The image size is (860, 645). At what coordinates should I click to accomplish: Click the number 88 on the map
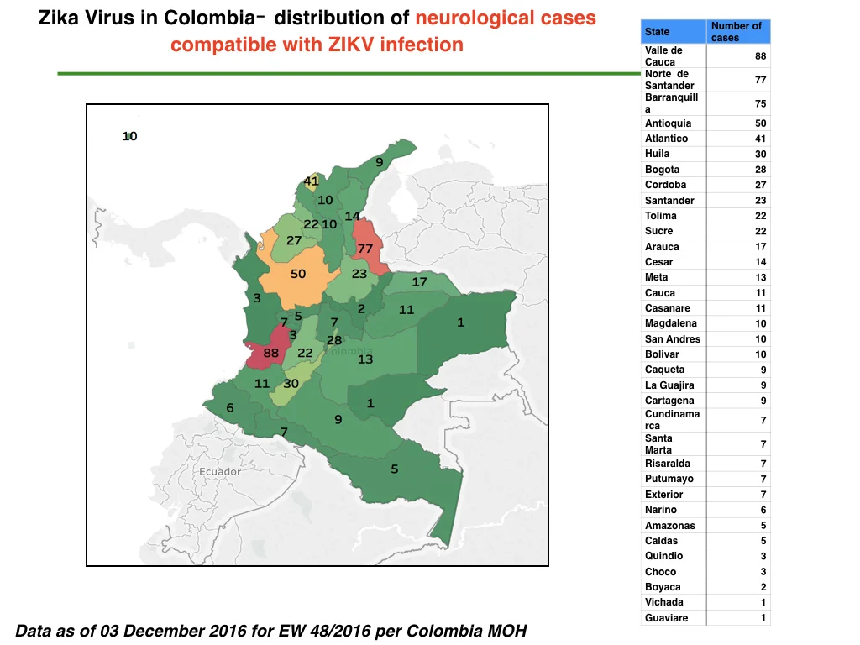click(271, 354)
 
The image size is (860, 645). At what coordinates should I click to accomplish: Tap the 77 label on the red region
click(365, 249)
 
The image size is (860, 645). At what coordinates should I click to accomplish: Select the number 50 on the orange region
click(298, 274)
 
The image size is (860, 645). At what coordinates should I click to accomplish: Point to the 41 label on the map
click(311, 181)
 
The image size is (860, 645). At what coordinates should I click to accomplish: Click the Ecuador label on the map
click(220, 472)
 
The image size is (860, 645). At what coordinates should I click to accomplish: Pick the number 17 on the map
click(420, 282)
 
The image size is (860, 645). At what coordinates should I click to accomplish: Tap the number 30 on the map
click(291, 384)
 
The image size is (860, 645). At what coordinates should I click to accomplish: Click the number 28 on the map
click(334, 341)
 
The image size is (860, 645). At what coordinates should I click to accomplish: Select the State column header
click(657, 32)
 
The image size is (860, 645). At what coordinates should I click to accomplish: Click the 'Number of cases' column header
click(736, 32)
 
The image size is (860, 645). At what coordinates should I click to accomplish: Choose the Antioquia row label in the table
click(668, 123)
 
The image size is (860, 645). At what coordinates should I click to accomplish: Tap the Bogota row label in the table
click(662, 170)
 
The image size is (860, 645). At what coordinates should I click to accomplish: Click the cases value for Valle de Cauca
click(760, 56)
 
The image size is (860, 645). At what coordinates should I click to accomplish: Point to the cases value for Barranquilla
click(760, 103)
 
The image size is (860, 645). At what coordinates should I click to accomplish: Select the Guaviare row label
click(666, 617)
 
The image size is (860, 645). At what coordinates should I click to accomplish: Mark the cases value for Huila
click(760, 155)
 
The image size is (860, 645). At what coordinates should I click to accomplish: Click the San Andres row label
click(673, 339)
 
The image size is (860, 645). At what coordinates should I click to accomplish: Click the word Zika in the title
click(58, 18)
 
